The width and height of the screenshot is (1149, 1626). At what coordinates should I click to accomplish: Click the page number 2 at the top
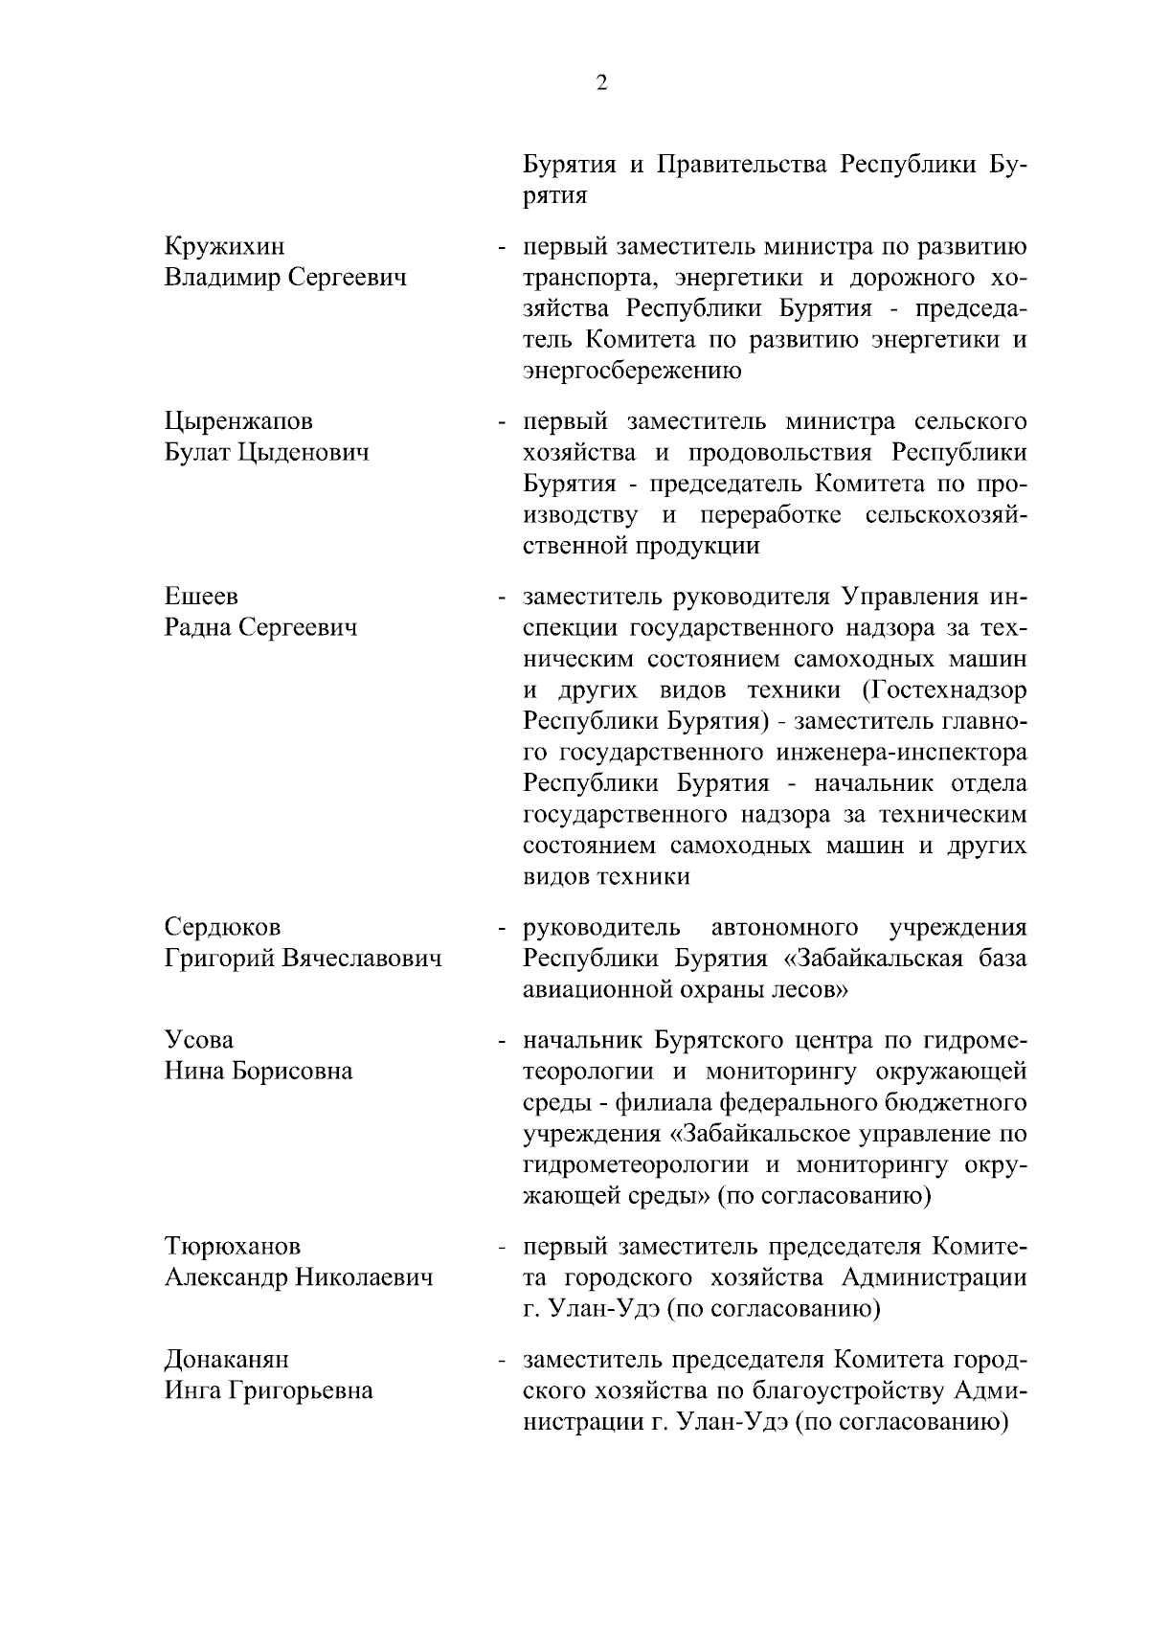601,82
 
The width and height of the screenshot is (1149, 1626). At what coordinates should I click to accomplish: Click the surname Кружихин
224,247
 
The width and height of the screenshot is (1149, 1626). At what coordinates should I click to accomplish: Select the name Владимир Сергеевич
285,278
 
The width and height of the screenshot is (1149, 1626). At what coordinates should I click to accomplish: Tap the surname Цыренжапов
238,421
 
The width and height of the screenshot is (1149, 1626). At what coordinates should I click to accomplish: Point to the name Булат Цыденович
266,452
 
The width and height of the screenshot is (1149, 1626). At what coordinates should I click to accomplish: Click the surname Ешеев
201,596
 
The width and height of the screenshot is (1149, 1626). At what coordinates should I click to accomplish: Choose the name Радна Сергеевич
260,627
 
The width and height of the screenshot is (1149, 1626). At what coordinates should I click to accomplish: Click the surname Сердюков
222,927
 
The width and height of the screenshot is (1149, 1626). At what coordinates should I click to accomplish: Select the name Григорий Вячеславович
304,958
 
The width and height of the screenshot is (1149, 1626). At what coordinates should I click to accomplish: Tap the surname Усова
199,1039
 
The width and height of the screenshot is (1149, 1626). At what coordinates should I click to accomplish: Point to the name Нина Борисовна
259,1071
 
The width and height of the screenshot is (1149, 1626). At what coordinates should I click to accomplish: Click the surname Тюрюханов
233,1246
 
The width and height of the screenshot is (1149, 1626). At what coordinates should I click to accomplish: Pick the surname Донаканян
227,1359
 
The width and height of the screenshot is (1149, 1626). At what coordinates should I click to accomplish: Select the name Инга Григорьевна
269,1390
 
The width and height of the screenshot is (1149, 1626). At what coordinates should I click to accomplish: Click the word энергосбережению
632,372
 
